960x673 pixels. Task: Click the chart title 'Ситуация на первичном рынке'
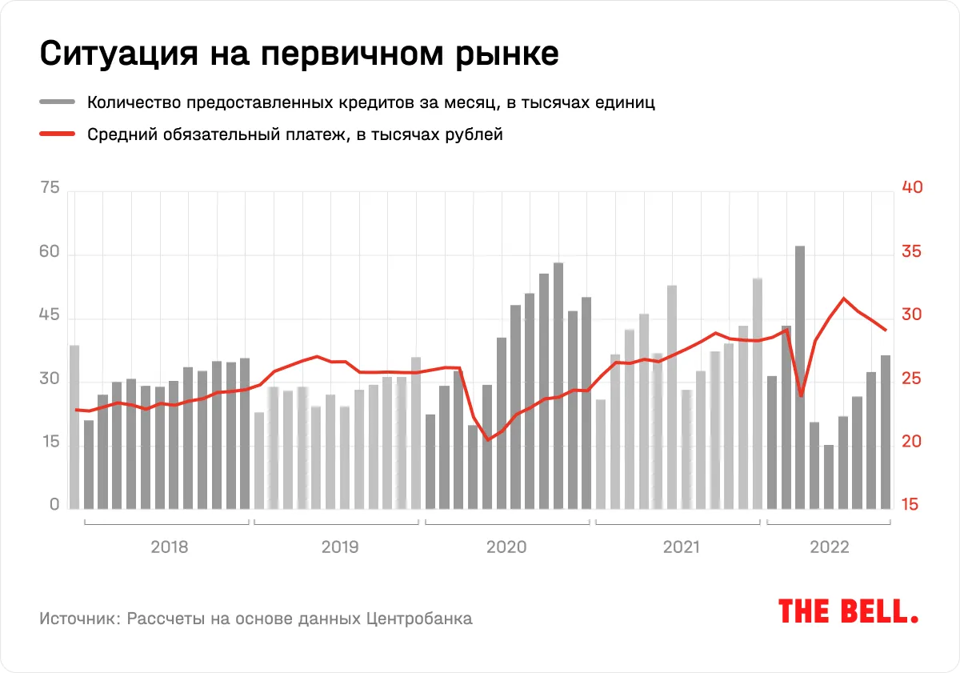tap(298, 54)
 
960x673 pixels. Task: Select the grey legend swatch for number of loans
tap(56, 102)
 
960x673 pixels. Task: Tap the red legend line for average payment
tap(56, 134)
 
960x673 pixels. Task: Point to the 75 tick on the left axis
tap(49, 189)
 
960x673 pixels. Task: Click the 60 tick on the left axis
tap(49, 253)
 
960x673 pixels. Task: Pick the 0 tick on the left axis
tap(54, 505)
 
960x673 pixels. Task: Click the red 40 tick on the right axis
tap(912, 188)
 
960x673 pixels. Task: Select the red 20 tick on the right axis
tap(912, 443)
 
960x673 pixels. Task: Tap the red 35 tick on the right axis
tap(912, 252)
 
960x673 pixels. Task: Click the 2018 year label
tap(170, 548)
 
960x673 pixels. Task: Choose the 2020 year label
tap(506, 548)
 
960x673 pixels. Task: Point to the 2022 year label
tap(830, 548)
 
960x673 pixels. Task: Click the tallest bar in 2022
tap(800, 376)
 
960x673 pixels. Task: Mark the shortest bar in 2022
tap(829, 477)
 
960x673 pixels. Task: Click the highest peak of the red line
tap(843, 298)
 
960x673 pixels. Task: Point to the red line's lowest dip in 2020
tap(488, 439)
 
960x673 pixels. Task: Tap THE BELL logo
tap(848, 612)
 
